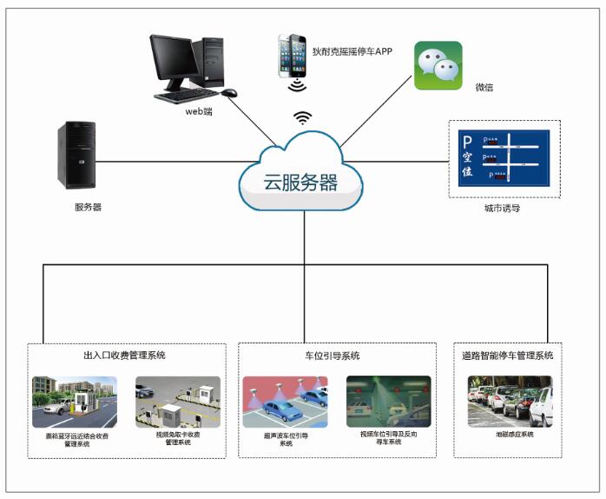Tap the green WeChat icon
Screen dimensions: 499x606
coord(437,65)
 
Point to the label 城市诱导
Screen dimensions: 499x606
coord(502,208)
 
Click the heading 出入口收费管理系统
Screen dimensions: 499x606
coord(124,356)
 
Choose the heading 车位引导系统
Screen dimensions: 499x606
coord(332,356)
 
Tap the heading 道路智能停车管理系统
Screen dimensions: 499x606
coord(508,356)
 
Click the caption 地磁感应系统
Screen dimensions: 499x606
coord(510,434)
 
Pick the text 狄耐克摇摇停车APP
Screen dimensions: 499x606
coord(352,51)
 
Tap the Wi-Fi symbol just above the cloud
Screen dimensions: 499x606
coord(302,117)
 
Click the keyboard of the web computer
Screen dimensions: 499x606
coord(187,96)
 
